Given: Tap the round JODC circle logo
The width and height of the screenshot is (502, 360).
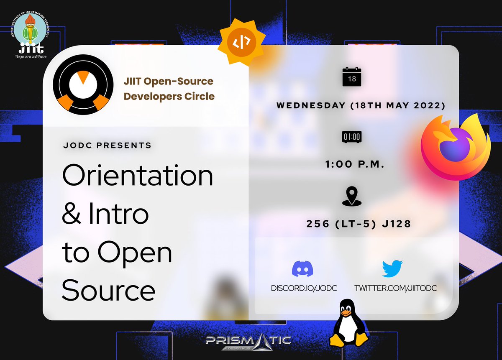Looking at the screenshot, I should point(83,84).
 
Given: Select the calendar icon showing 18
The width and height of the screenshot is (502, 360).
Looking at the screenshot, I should point(351,77).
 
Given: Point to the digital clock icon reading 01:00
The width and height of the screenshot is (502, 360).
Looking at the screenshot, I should point(351,136).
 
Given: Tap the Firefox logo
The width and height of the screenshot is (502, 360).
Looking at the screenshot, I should point(455,145).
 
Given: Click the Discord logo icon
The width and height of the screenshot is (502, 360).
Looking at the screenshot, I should point(304,269).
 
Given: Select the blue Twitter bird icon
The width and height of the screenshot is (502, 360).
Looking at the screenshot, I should point(392,269).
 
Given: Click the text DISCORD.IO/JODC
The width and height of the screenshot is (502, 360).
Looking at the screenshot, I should point(304,288).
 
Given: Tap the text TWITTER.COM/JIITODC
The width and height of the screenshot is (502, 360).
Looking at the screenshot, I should point(392,288).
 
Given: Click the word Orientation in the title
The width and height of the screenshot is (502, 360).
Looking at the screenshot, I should point(138,176).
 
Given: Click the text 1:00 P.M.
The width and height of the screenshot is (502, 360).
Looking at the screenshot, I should point(355,165).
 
